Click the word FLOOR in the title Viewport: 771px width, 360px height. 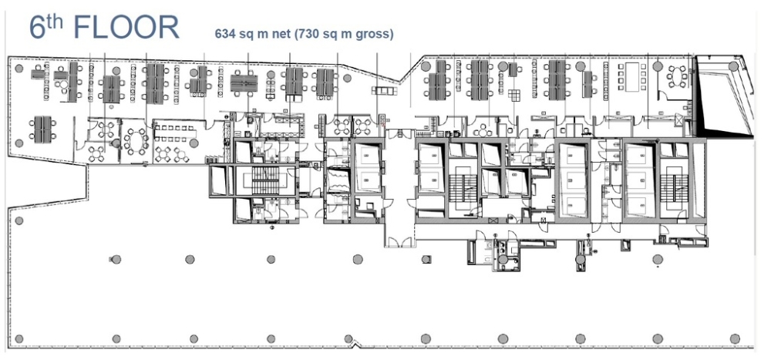126,28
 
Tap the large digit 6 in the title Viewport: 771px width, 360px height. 38,28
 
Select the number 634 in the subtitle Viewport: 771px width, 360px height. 224,34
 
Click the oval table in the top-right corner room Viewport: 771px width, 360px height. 678,77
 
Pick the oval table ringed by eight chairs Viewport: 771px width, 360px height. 136,142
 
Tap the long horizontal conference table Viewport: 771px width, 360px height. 174,132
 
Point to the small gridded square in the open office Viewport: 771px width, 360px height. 514,96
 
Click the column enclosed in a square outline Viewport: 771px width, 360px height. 426,259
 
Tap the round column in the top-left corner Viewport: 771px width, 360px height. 19,69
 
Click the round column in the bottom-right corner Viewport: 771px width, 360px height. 735,339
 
